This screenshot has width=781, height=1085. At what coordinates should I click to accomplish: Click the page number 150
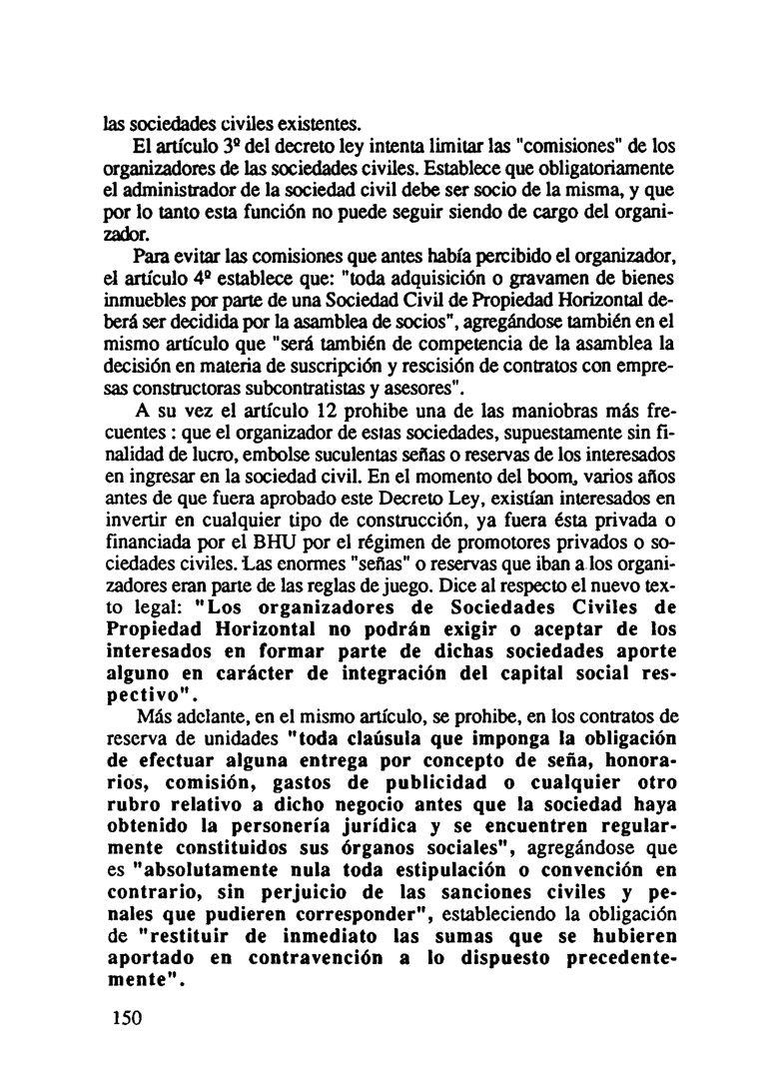click(125, 1018)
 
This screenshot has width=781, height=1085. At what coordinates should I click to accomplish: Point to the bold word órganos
click(350, 852)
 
